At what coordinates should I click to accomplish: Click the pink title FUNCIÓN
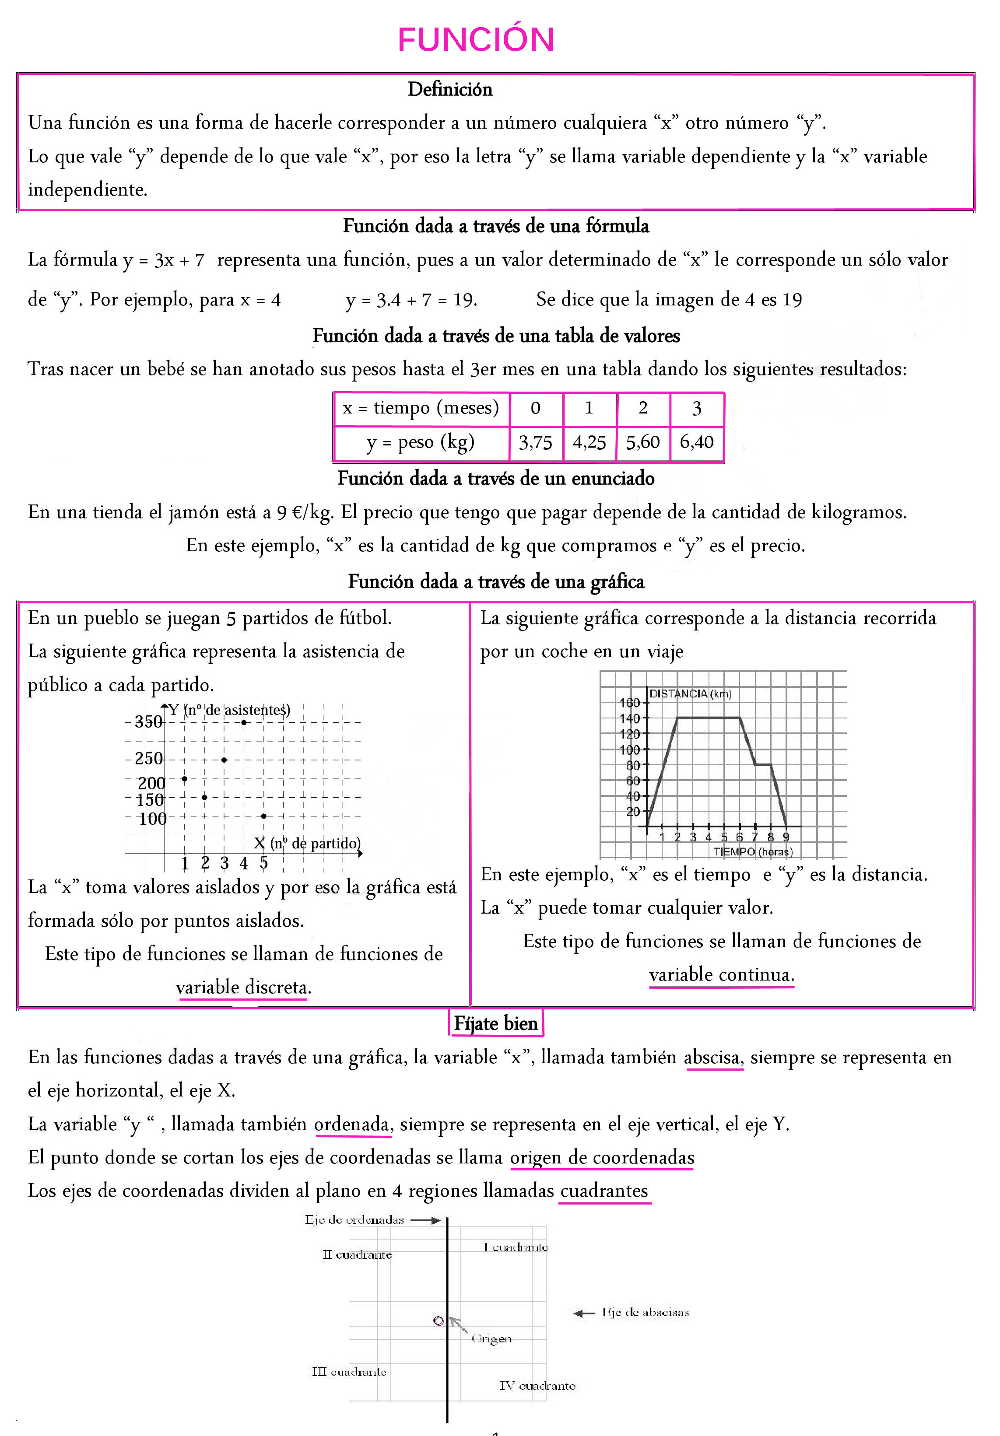tap(476, 39)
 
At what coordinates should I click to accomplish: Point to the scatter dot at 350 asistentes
tap(244, 722)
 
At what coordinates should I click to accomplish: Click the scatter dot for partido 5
tap(264, 816)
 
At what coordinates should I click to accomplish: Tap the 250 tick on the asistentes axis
tap(149, 759)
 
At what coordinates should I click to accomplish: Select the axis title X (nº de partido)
tap(307, 843)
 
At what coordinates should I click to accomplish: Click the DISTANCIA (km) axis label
tap(690, 693)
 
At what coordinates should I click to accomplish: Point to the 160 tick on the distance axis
tap(629, 703)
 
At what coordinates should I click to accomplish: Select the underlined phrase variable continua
tap(721, 974)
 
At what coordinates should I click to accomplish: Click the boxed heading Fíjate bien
tap(495, 1023)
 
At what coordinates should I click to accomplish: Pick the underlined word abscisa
tap(713, 1058)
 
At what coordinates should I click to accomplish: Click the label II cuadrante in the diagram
tap(357, 1254)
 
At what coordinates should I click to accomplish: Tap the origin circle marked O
tap(439, 1321)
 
